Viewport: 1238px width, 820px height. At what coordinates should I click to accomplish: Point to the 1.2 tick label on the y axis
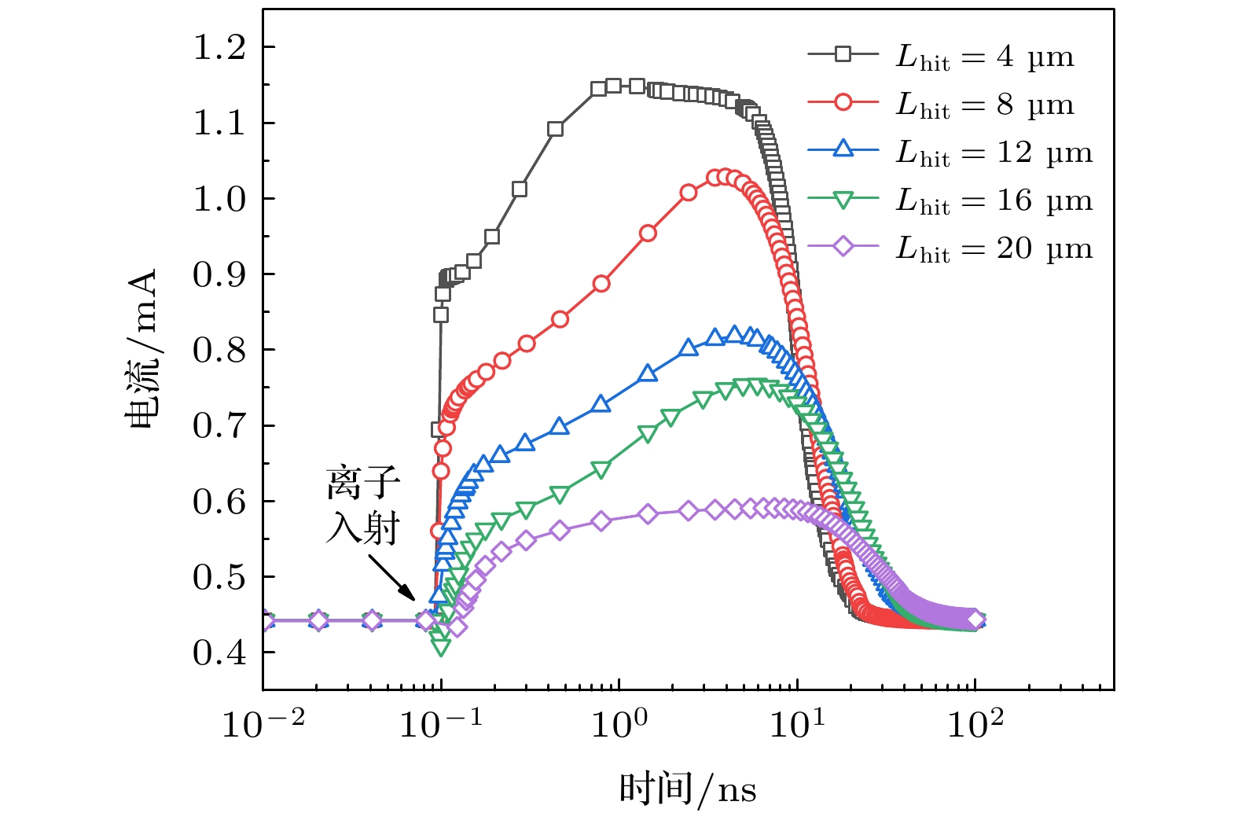[219, 48]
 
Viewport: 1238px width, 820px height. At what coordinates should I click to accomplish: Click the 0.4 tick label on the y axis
[219, 653]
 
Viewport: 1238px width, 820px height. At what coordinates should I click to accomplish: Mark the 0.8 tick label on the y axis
[219, 351]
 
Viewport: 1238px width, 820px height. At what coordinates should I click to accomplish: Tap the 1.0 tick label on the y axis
[219, 199]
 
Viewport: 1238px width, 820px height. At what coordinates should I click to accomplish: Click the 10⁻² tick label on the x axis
[263, 723]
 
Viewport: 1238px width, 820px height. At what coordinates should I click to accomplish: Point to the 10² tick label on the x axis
[975, 723]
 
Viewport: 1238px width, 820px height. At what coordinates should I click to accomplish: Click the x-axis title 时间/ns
[688, 789]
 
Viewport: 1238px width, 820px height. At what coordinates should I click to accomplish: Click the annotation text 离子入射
[363, 506]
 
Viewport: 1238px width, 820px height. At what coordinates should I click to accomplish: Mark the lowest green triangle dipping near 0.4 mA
[441, 647]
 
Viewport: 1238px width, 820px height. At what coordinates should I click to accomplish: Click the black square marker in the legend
[843, 54]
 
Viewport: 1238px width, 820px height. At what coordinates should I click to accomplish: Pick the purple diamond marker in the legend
[843, 247]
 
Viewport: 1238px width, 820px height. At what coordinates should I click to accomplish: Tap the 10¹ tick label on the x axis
[797, 723]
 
